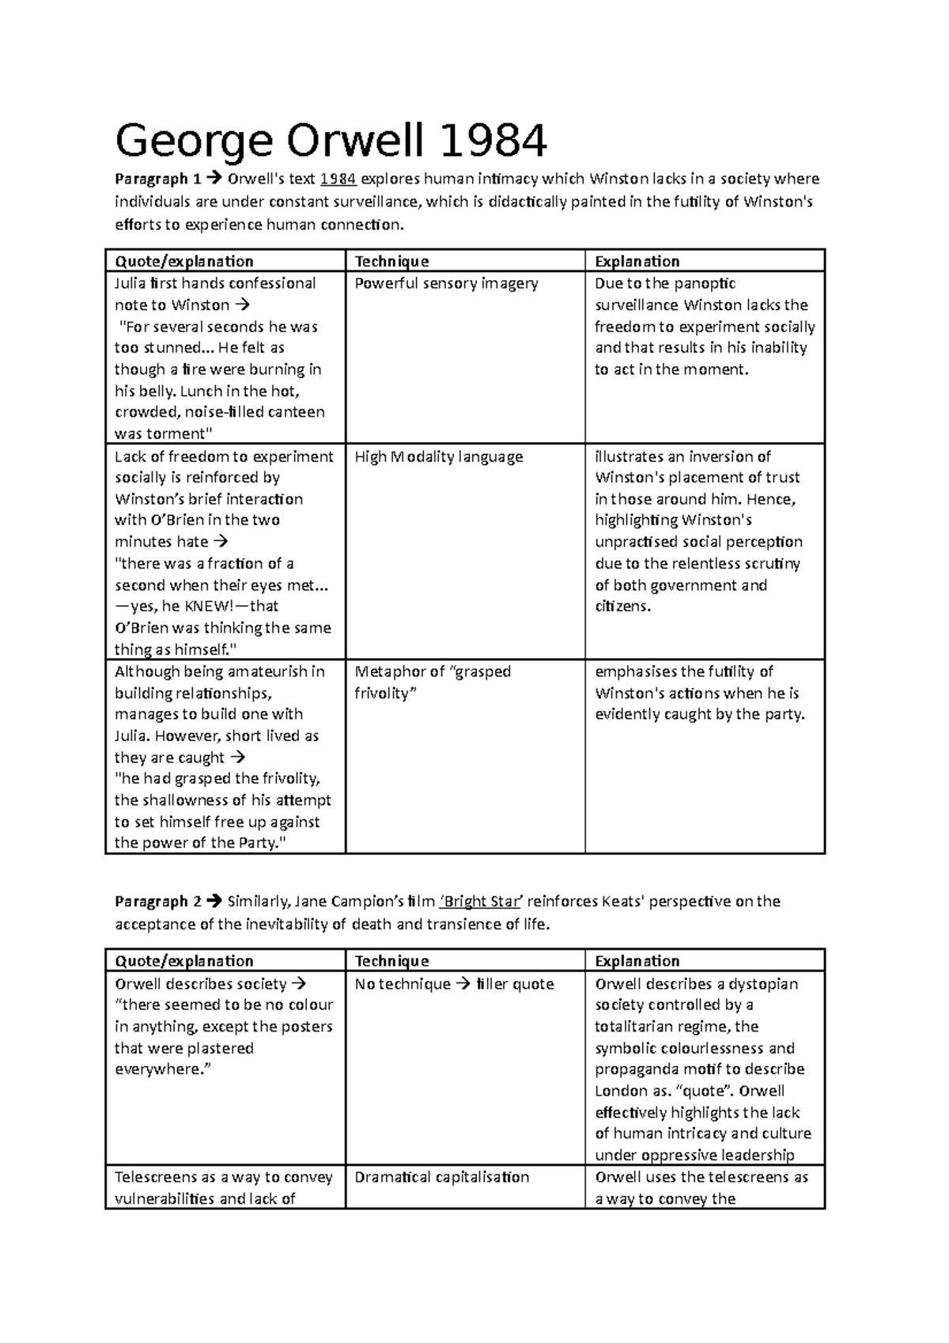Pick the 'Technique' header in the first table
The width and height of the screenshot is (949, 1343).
(x=391, y=261)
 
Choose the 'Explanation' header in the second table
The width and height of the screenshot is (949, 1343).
(x=637, y=961)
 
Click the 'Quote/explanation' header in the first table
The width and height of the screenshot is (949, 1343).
(x=183, y=261)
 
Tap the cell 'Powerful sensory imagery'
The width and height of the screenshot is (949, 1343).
(x=446, y=283)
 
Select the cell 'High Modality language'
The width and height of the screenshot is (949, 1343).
(x=439, y=456)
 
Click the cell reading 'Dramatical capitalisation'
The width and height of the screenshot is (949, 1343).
(x=441, y=1177)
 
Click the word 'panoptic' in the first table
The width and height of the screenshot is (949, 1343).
(x=707, y=283)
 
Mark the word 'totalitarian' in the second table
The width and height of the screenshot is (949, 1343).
(x=636, y=1027)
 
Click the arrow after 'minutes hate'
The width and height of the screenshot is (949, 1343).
(x=221, y=542)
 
